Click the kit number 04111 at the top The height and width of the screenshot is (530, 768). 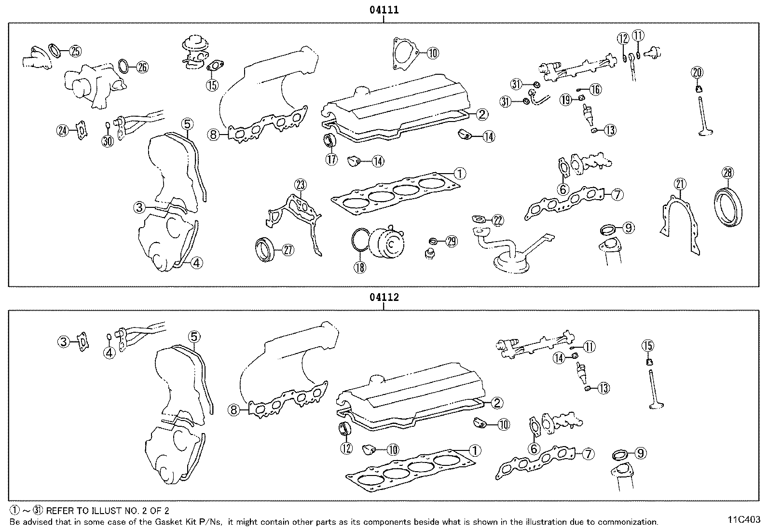pyautogui.click(x=384, y=10)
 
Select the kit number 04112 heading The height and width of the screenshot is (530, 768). pyautogui.click(x=384, y=298)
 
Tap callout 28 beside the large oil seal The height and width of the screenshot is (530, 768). pyautogui.click(x=727, y=172)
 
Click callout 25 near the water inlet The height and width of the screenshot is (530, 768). pyautogui.click(x=75, y=50)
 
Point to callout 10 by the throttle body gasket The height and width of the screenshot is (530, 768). pyautogui.click(x=432, y=53)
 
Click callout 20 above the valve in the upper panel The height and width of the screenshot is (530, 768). pyautogui.click(x=697, y=73)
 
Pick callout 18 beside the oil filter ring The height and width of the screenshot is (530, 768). pyautogui.click(x=360, y=267)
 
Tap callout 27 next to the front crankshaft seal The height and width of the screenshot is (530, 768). pyautogui.click(x=288, y=250)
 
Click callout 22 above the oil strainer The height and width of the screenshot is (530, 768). pyautogui.click(x=498, y=221)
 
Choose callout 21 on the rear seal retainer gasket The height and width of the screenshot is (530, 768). pyautogui.click(x=680, y=184)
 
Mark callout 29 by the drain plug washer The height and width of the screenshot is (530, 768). pyautogui.click(x=451, y=242)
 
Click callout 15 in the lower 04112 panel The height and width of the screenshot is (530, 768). pyautogui.click(x=648, y=345)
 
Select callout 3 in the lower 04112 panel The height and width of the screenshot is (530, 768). pyautogui.click(x=64, y=342)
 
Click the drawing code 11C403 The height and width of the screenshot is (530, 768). pyautogui.click(x=744, y=520)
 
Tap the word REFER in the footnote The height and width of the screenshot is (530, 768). pyautogui.click(x=58, y=510)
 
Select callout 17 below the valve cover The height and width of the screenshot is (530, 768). pyautogui.click(x=331, y=160)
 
